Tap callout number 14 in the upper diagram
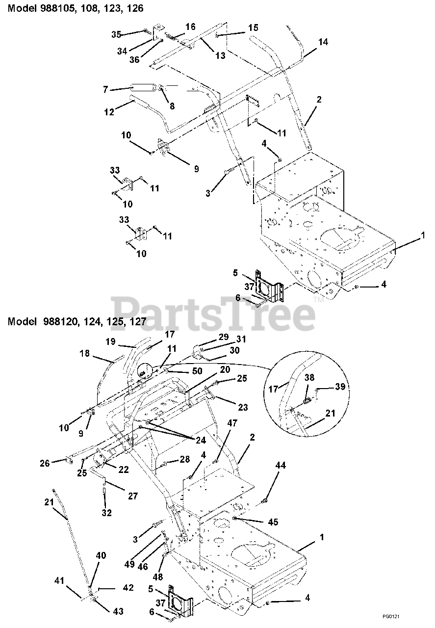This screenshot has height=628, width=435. (322, 43)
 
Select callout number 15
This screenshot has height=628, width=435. (253, 28)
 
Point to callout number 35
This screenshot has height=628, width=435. (116, 34)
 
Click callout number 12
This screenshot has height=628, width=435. (109, 112)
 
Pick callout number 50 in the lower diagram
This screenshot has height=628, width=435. (197, 371)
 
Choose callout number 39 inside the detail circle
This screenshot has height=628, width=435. (340, 387)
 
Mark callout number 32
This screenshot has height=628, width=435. (106, 513)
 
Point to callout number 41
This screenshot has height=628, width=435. (59, 581)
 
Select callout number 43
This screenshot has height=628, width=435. (118, 611)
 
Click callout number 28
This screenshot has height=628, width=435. (184, 459)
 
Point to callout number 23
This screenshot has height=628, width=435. (242, 407)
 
